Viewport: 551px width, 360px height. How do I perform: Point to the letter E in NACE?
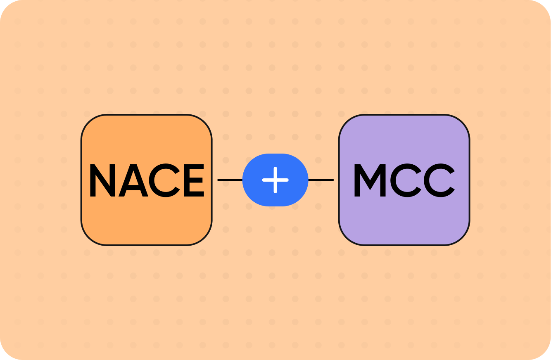tap(193, 180)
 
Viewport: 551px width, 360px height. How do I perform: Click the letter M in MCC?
tap(369, 180)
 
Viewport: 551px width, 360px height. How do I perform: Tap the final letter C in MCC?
tap(440, 180)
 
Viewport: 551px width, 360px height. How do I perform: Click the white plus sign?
tap(275, 180)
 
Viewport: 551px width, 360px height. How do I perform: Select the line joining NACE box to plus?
tap(230, 180)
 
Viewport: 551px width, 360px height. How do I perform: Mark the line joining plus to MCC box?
tap(321, 180)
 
